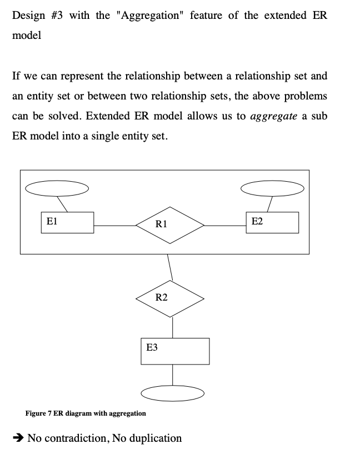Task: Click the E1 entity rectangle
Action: click(x=67, y=222)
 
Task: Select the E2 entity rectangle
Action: click(x=272, y=222)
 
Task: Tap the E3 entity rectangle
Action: click(x=174, y=351)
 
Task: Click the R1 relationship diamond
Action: click(x=170, y=225)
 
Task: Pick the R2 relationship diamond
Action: click(x=170, y=298)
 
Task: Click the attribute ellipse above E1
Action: click(x=57, y=189)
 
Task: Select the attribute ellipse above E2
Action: click(x=272, y=189)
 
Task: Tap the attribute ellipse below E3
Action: click(x=172, y=393)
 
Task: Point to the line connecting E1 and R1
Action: click(x=114, y=225)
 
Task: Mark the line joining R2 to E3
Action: click(x=172, y=327)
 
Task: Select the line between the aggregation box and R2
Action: click(x=169, y=267)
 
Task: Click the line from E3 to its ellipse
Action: click(x=172, y=375)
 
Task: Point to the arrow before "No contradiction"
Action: click(x=18, y=438)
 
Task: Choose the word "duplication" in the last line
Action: click(x=153, y=438)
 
